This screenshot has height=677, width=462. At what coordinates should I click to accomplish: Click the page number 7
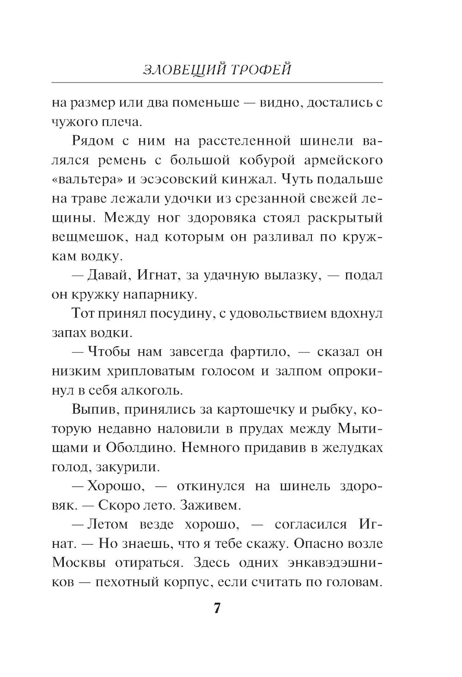[x=217, y=608]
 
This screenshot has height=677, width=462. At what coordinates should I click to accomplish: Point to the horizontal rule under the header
[x=217, y=83]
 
